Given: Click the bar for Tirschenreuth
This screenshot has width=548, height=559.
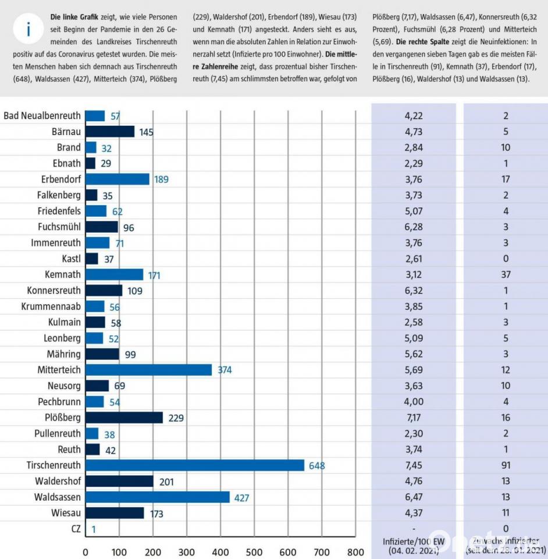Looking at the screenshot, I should (194, 465).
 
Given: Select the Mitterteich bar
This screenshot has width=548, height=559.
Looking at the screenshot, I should (148, 370).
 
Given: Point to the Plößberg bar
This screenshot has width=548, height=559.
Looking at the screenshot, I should (124, 418).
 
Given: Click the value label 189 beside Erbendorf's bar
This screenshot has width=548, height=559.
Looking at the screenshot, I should (161, 179).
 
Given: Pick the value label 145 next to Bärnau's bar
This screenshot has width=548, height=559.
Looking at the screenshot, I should (146, 132).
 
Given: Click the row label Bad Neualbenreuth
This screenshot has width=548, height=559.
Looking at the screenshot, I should (42, 116).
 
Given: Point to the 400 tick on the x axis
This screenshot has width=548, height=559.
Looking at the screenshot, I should (220, 551).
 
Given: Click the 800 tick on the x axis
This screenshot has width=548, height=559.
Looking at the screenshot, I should (355, 551).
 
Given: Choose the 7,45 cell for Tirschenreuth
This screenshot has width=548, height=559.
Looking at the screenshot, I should (412, 465).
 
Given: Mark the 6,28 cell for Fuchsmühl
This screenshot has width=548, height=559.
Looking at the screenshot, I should (412, 227).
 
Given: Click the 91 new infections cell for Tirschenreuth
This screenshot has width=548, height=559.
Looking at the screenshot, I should (506, 465).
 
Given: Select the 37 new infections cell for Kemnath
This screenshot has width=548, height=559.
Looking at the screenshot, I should (506, 275).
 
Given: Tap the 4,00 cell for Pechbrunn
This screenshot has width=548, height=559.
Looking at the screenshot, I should (412, 402).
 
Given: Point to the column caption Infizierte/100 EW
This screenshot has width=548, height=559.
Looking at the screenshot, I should (412, 540).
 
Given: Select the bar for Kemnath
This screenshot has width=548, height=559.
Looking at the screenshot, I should (114, 274).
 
